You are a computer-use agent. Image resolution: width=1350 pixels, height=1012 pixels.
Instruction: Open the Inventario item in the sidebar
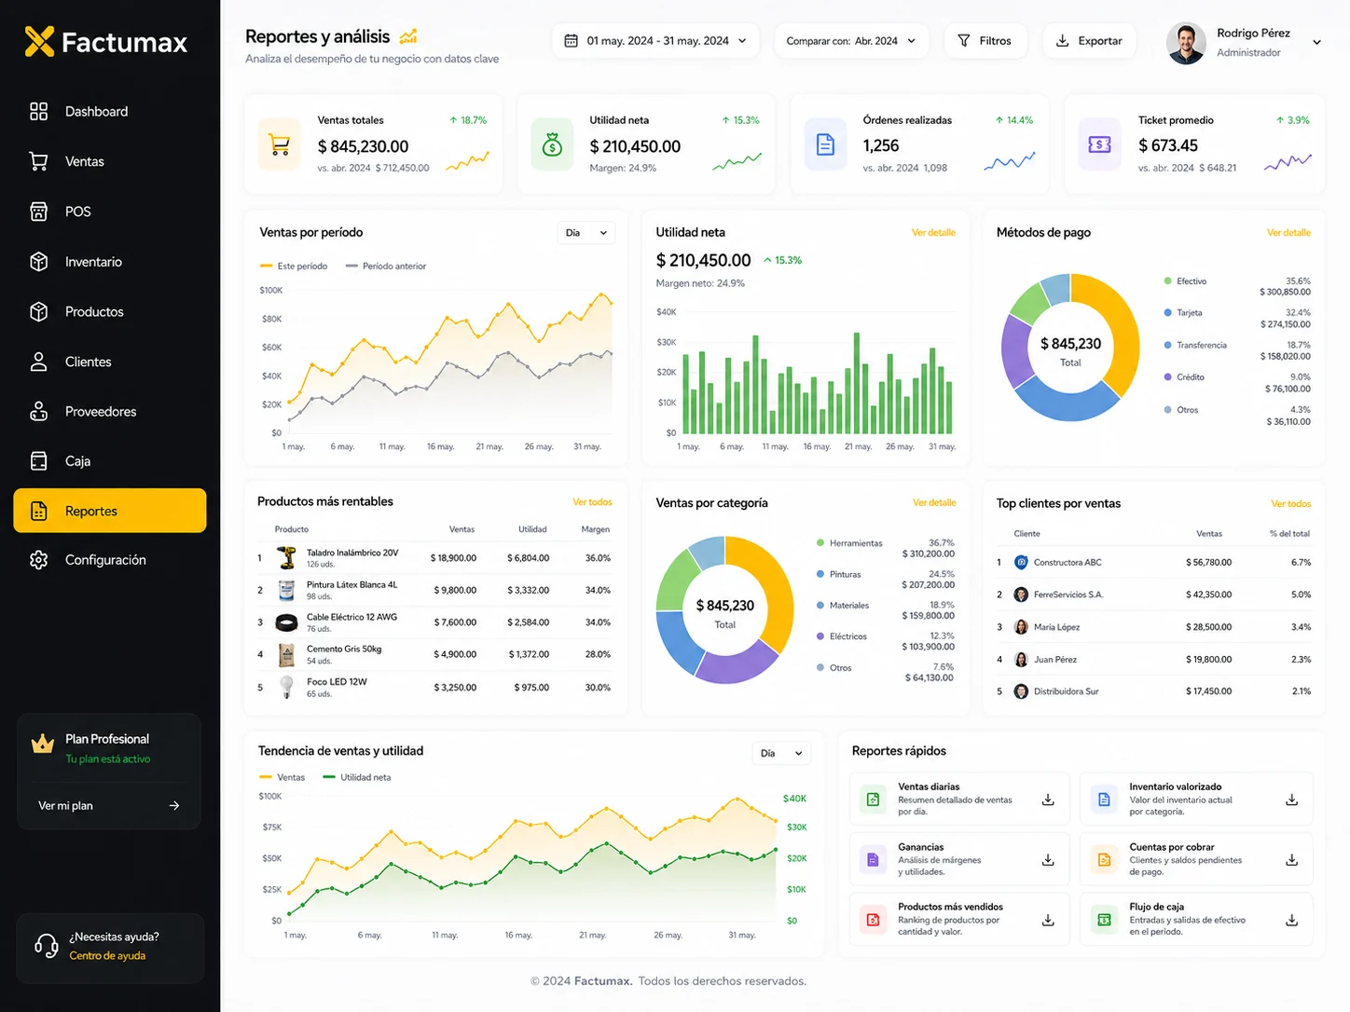click(93, 262)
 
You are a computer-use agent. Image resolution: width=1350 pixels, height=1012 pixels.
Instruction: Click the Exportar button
click(1089, 41)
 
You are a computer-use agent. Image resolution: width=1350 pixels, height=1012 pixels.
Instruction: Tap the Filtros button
click(985, 41)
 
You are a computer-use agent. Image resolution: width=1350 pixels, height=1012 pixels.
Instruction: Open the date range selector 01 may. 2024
click(655, 41)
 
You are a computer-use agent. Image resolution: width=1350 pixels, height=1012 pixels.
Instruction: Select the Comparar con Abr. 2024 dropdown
click(851, 41)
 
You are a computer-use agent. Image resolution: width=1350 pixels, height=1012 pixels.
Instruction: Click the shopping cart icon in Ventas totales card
click(280, 145)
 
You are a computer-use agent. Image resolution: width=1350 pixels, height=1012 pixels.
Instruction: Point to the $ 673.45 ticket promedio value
click(1167, 145)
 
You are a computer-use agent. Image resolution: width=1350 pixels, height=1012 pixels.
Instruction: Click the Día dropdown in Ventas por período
click(585, 233)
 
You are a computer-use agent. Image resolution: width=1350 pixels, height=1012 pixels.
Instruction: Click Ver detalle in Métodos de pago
click(1288, 232)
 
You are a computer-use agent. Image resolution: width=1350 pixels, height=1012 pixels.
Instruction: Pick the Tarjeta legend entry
click(1189, 313)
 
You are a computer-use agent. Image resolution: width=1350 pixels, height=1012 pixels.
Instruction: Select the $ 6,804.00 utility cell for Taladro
click(528, 558)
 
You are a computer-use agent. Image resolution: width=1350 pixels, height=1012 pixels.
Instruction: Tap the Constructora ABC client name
click(1068, 562)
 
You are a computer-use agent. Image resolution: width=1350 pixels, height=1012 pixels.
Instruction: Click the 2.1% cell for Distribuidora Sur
click(1301, 691)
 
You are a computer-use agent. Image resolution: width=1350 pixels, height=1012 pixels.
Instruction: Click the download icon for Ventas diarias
click(1048, 800)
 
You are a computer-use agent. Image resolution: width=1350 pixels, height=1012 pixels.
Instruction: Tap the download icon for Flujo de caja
click(1291, 920)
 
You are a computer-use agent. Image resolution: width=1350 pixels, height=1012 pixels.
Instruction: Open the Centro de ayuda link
click(107, 955)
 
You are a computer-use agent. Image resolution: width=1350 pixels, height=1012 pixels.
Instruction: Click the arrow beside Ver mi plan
click(174, 805)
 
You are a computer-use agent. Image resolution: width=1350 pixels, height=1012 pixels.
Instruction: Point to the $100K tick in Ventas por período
click(270, 290)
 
